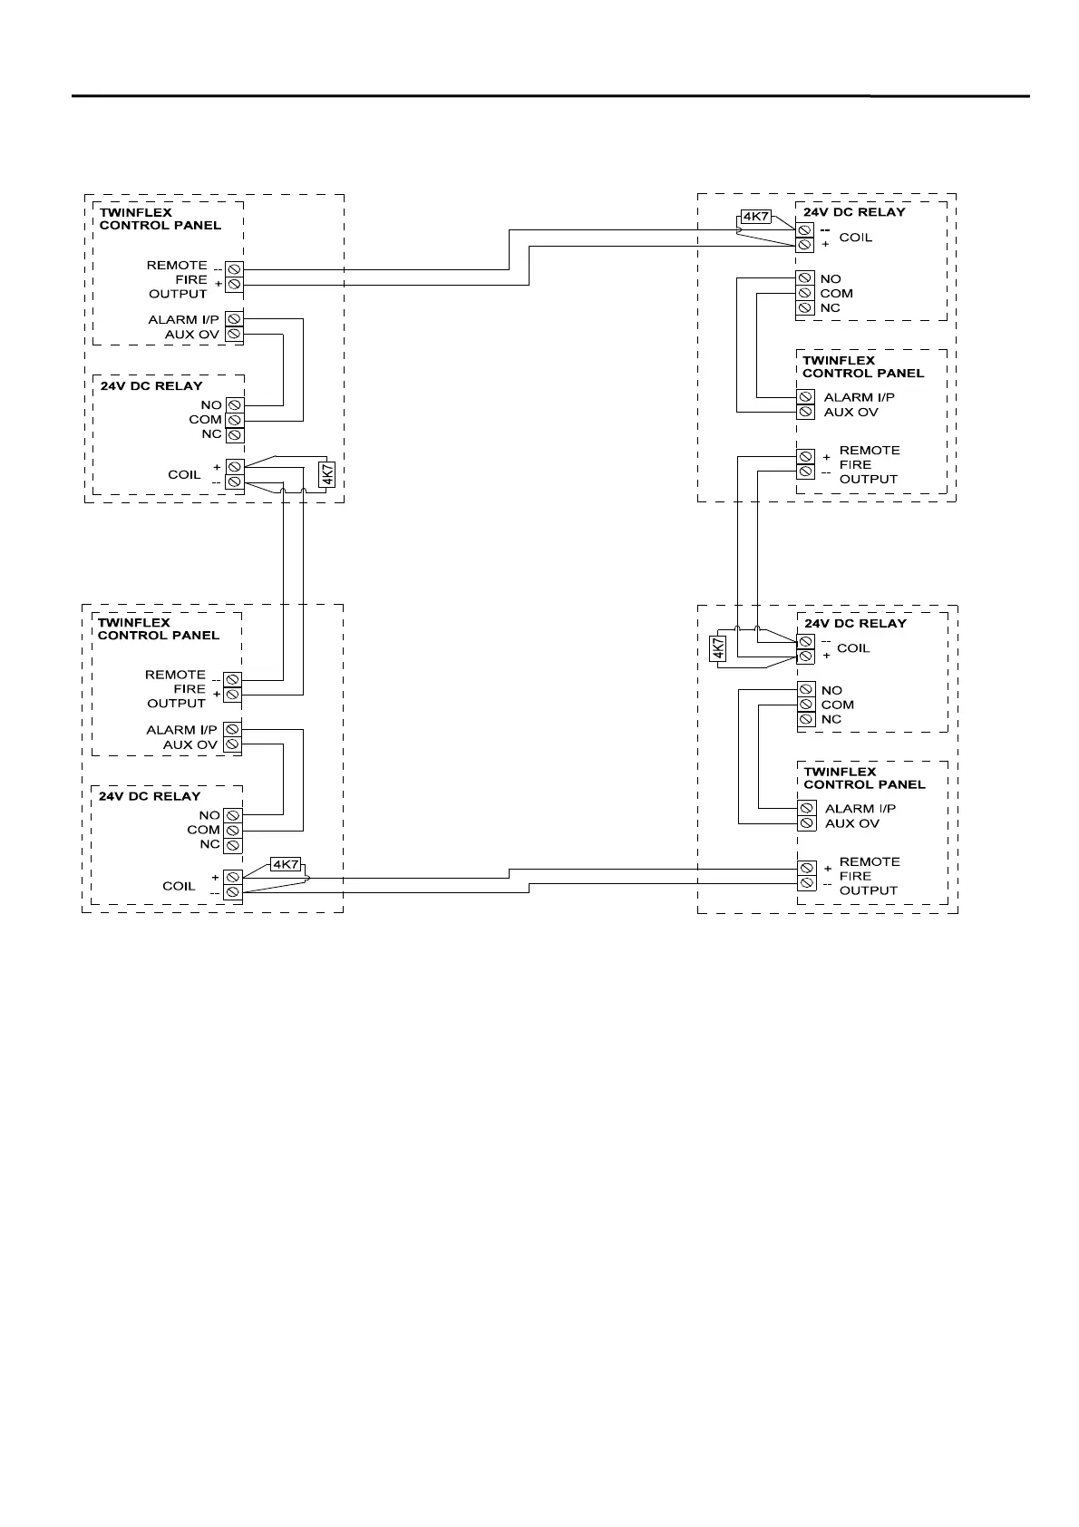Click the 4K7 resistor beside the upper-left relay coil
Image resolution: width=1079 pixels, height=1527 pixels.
[327, 473]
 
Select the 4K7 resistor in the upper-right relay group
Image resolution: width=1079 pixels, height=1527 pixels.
[755, 217]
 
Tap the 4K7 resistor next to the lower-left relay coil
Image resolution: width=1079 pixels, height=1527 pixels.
[286, 864]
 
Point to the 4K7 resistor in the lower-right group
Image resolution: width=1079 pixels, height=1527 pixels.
[717, 648]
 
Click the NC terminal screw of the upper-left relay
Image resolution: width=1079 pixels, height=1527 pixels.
[234, 434]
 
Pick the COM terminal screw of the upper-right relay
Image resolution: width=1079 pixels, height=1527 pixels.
[804, 293]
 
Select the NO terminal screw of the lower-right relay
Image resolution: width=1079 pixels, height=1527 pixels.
[806, 690]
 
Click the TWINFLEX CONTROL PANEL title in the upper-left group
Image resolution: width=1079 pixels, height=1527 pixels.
[160, 219]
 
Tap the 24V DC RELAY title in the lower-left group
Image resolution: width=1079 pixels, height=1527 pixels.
[150, 796]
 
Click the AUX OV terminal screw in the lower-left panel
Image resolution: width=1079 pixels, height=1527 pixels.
[232, 744]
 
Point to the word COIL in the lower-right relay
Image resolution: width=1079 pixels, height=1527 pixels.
[853, 648]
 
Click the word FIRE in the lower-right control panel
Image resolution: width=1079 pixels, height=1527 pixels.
[855, 876]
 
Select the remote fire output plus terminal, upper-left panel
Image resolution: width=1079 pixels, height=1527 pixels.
[234, 285]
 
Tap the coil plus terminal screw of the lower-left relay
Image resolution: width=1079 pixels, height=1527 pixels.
[233, 878]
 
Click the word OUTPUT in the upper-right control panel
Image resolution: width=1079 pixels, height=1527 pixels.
[868, 479]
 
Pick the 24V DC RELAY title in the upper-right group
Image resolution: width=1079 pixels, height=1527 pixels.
[854, 212]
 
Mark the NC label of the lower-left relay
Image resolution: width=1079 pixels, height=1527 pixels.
[209, 844]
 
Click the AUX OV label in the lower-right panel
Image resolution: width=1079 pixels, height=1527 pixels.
[851, 823]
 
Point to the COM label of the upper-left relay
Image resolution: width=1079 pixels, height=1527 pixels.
[205, 420]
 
